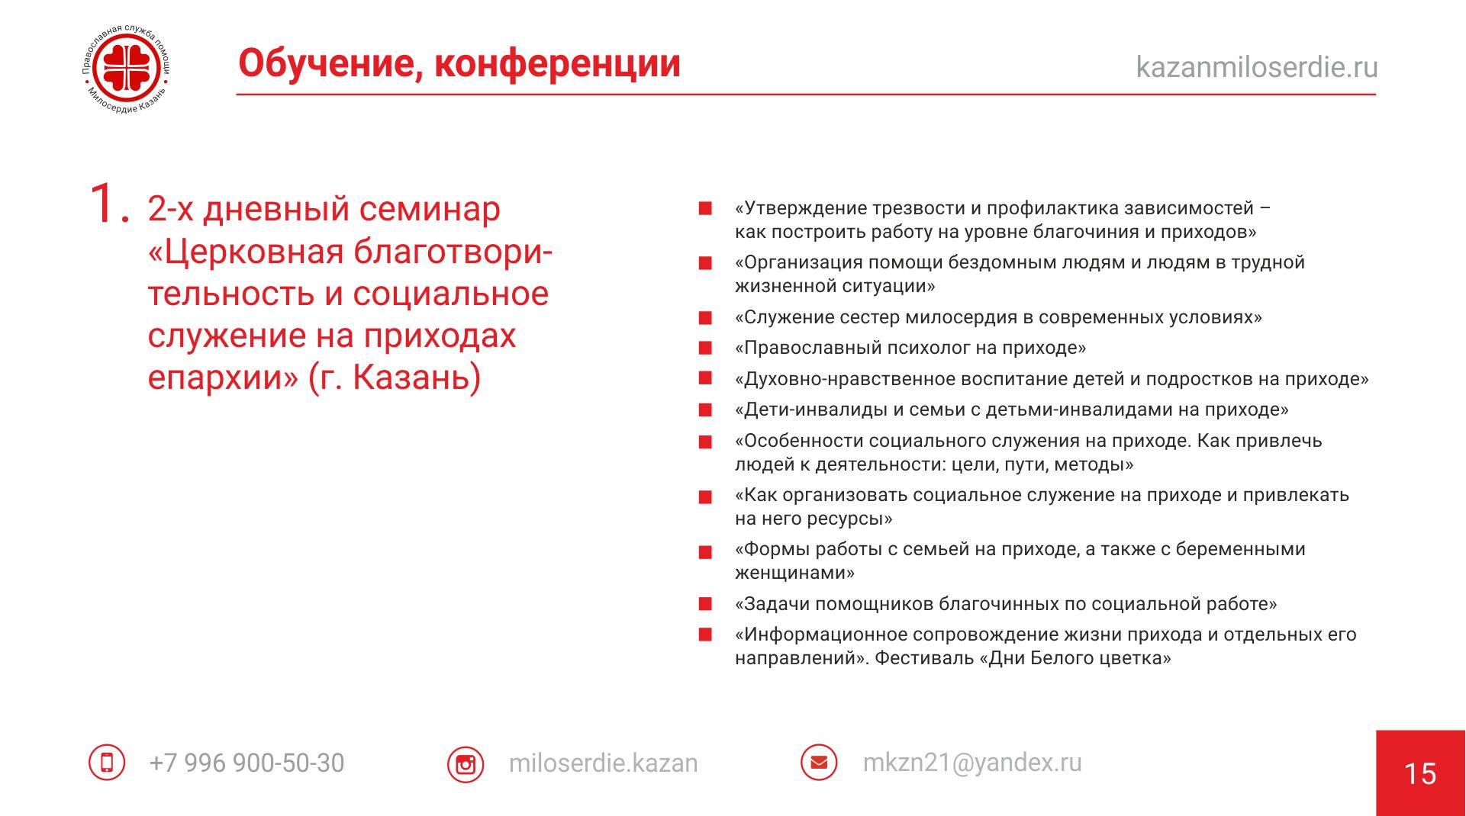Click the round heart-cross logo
point(127,69)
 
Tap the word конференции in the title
point(557,64)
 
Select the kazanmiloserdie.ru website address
point(1257,67)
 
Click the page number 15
point(1420,774)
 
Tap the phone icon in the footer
point(107,762)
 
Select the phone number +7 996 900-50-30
point(246,763)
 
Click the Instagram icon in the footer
point(466,764)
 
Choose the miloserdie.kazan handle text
point(603,763)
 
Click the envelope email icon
point(819,762)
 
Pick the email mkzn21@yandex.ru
point(972,763)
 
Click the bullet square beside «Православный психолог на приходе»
point(706,348)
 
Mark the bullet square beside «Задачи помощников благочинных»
point(706,604)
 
